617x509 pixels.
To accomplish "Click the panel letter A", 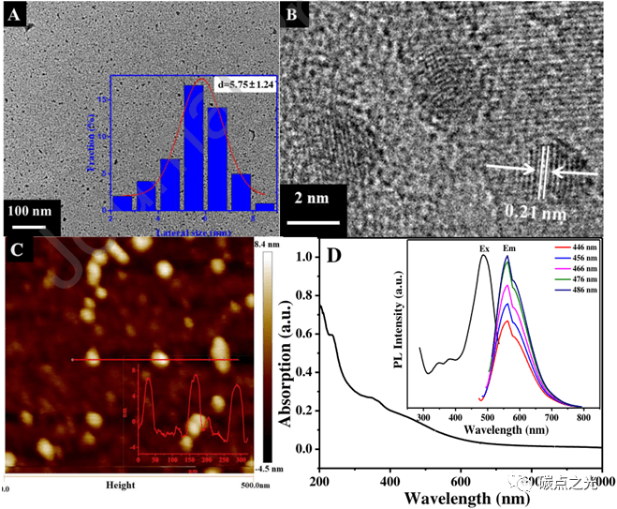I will coord(16,16).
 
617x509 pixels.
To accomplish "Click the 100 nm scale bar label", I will coord(31,208).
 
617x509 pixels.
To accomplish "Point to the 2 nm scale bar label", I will coord(305,199).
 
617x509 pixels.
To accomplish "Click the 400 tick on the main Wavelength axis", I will coord(390,481).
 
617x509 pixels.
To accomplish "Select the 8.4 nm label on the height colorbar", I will coord(268,244).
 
